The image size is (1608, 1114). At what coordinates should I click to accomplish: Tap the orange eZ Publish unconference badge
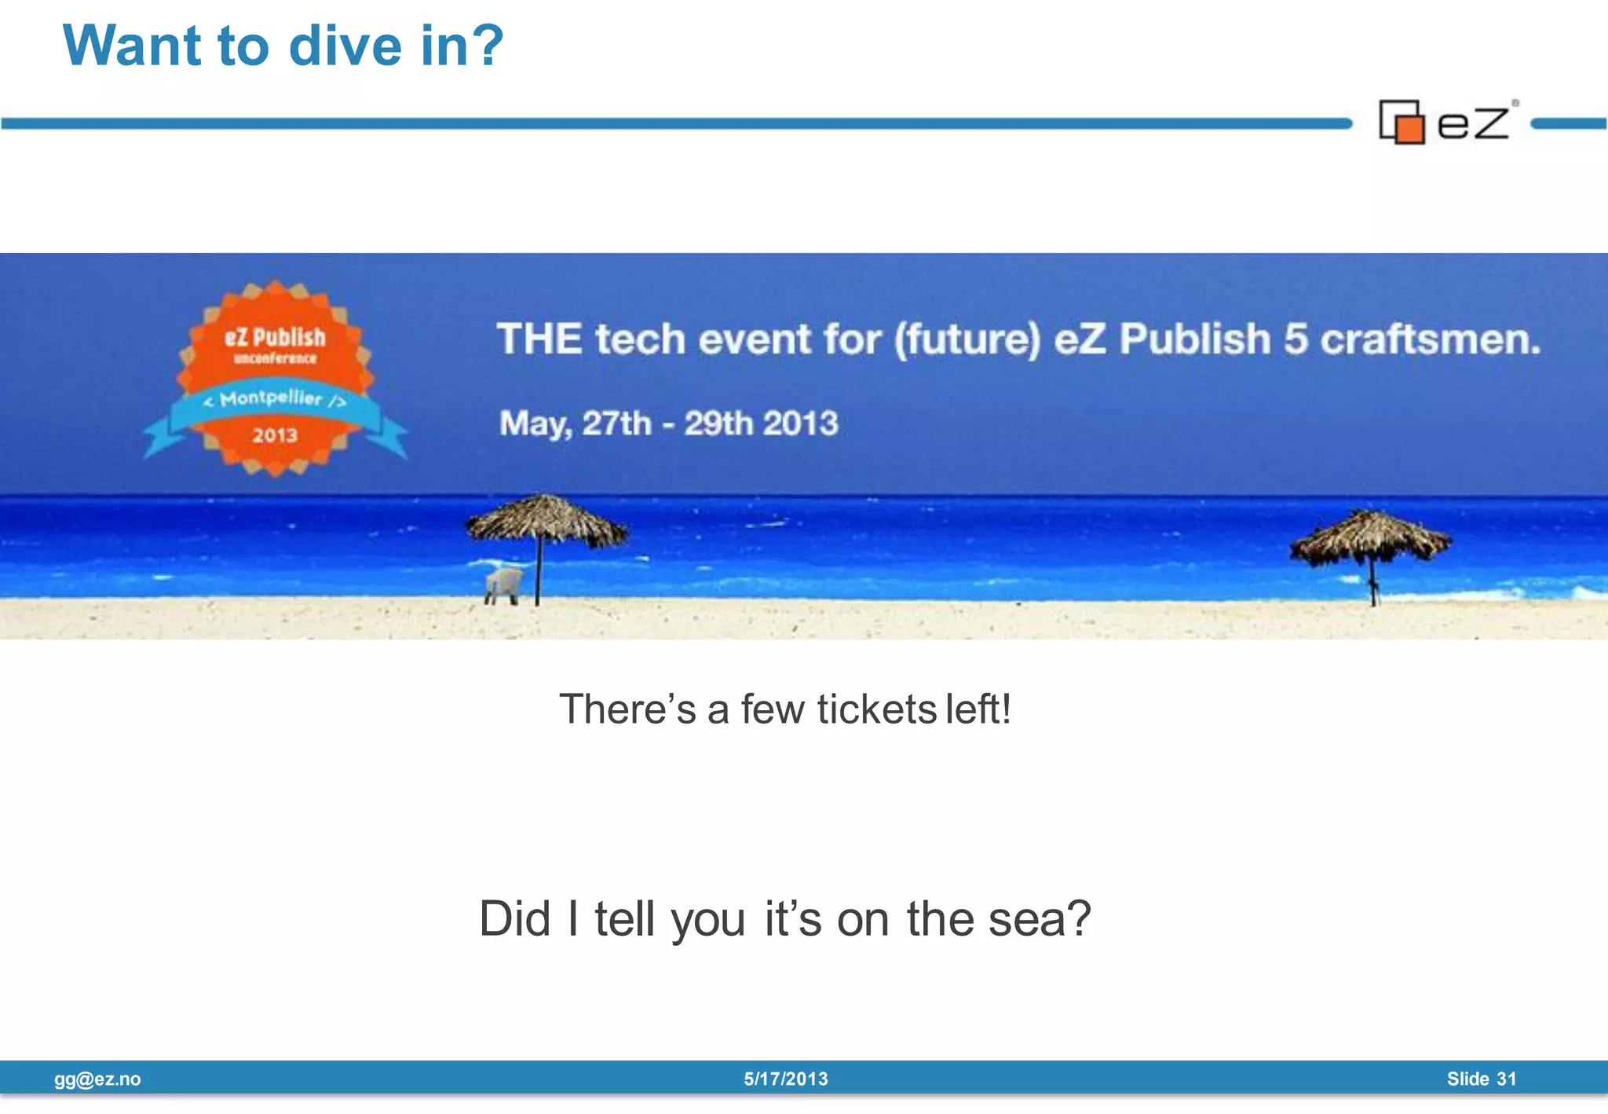(x=275, y=377)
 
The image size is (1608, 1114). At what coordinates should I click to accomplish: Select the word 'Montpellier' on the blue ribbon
(x=272, y=398)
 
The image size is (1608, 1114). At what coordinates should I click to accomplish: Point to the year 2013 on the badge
(x=275, y=435)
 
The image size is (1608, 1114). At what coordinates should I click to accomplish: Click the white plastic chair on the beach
(x=503, y=585)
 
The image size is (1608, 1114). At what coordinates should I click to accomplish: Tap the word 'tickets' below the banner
(x=876, y=709)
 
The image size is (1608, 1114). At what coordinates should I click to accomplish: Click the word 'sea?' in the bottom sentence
(x=1040, y=918)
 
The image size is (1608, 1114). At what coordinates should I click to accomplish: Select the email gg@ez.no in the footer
(x=97, y=1079)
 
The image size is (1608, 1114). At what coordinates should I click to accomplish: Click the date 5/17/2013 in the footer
(x=786, y=1079)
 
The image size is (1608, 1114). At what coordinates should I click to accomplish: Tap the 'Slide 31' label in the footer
(x=1482, y=1079)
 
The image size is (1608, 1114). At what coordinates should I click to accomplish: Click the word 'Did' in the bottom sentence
(x=514, y=918)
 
